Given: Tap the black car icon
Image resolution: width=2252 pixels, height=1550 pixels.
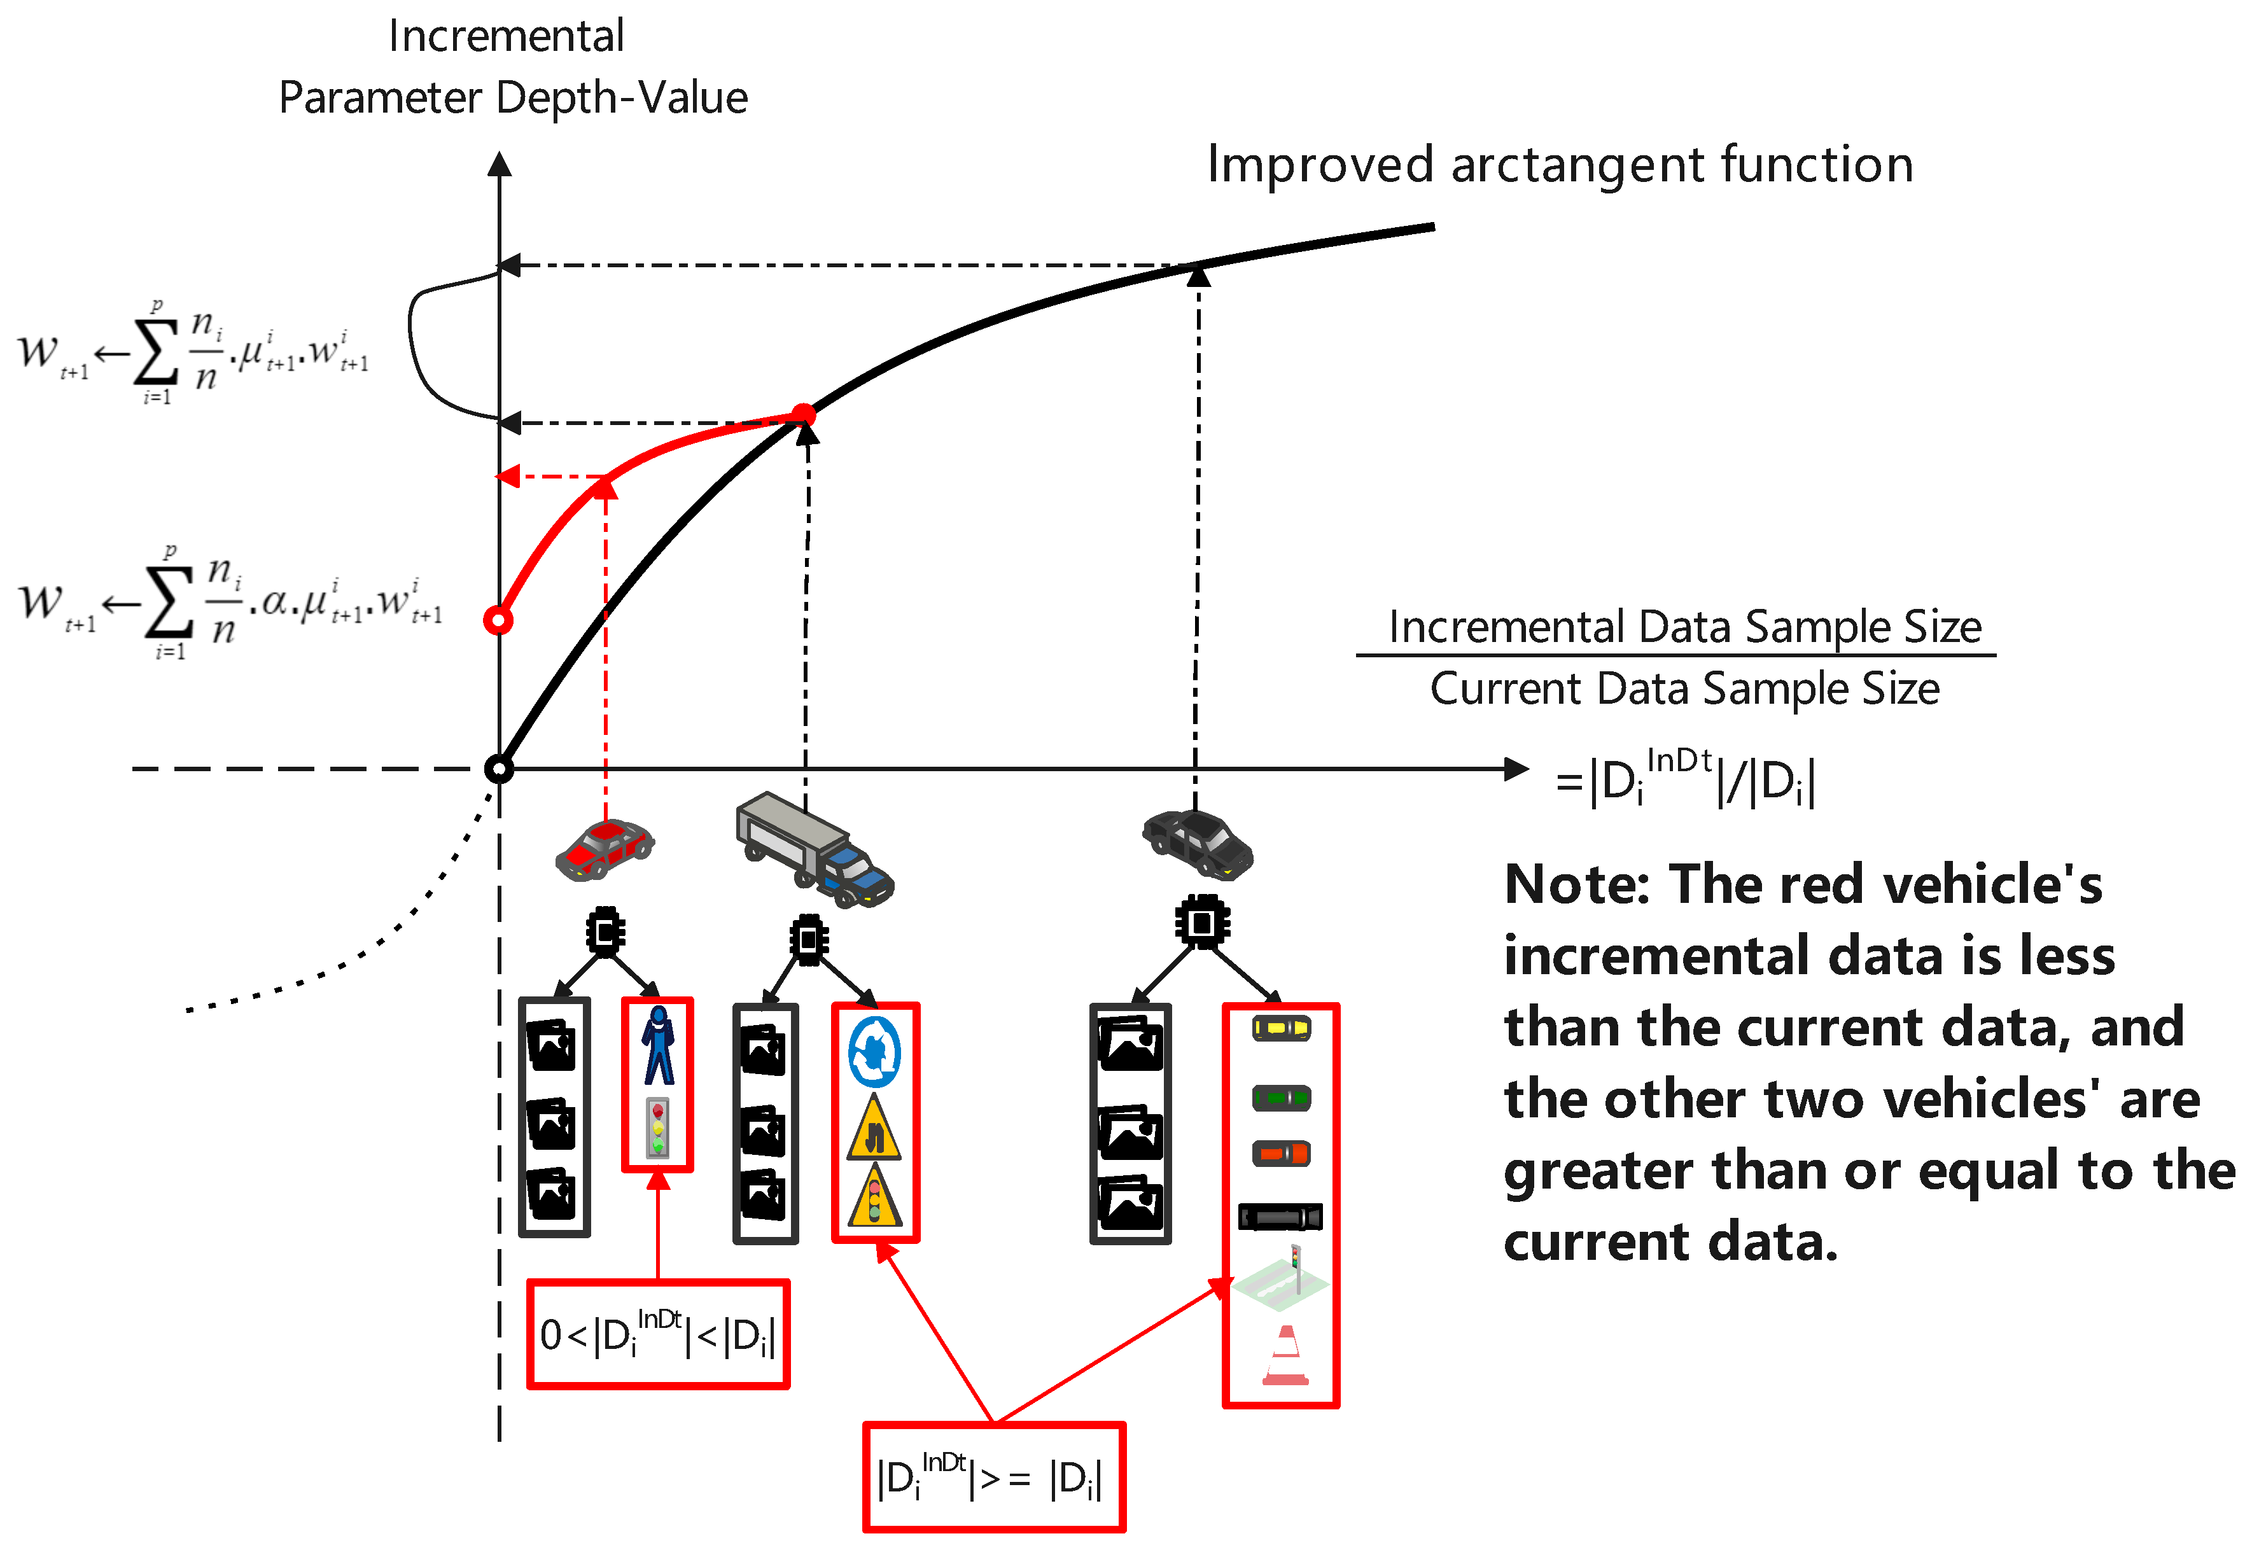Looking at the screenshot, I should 1198,843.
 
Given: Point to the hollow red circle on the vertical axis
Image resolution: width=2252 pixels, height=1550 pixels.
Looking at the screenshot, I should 498,620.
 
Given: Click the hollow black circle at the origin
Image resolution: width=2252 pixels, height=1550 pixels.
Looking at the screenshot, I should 498,769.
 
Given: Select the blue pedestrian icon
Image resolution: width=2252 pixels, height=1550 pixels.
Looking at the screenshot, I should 659,1046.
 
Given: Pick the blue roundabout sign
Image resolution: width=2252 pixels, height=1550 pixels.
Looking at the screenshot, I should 874,1052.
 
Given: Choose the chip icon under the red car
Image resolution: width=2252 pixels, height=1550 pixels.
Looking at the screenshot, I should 605,932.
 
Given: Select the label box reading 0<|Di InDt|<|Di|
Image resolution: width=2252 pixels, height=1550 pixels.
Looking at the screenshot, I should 657,1334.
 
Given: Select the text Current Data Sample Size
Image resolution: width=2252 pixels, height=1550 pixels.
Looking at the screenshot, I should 1684,688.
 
